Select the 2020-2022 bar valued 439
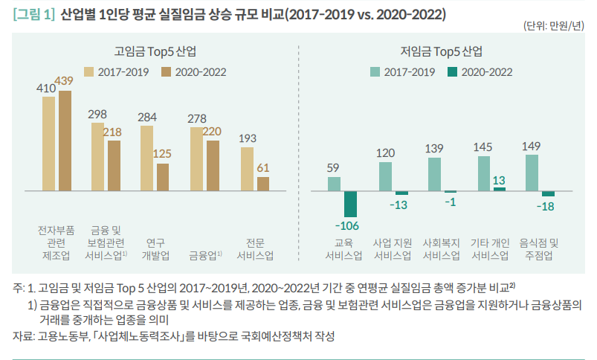[x=65, y=141]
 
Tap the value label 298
[x=97, y=115]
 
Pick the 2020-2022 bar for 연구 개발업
[x=163, y=177]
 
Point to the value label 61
[x=263, y=168]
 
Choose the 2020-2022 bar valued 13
[x=500, y=189]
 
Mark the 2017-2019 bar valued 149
[x=532, y=173]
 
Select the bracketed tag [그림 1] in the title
[x=34, y=14]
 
